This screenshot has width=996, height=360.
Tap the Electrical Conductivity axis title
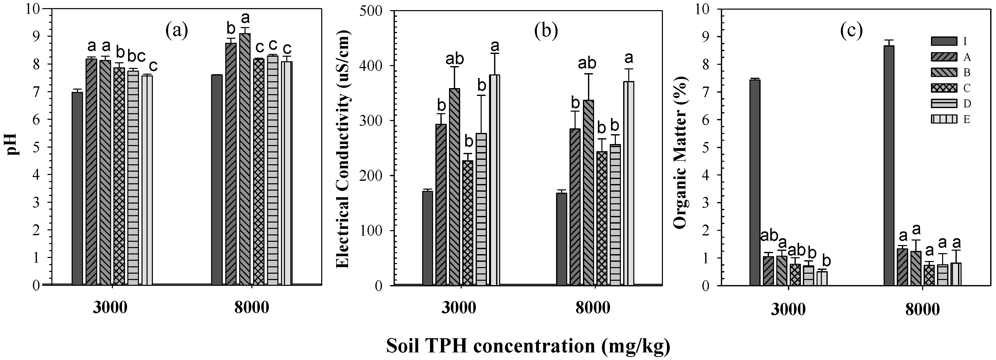tap(342, 149)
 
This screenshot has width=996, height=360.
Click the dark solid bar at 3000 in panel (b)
tap(427, 238)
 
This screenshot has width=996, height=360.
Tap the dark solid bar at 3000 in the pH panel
tap(77, 188)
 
